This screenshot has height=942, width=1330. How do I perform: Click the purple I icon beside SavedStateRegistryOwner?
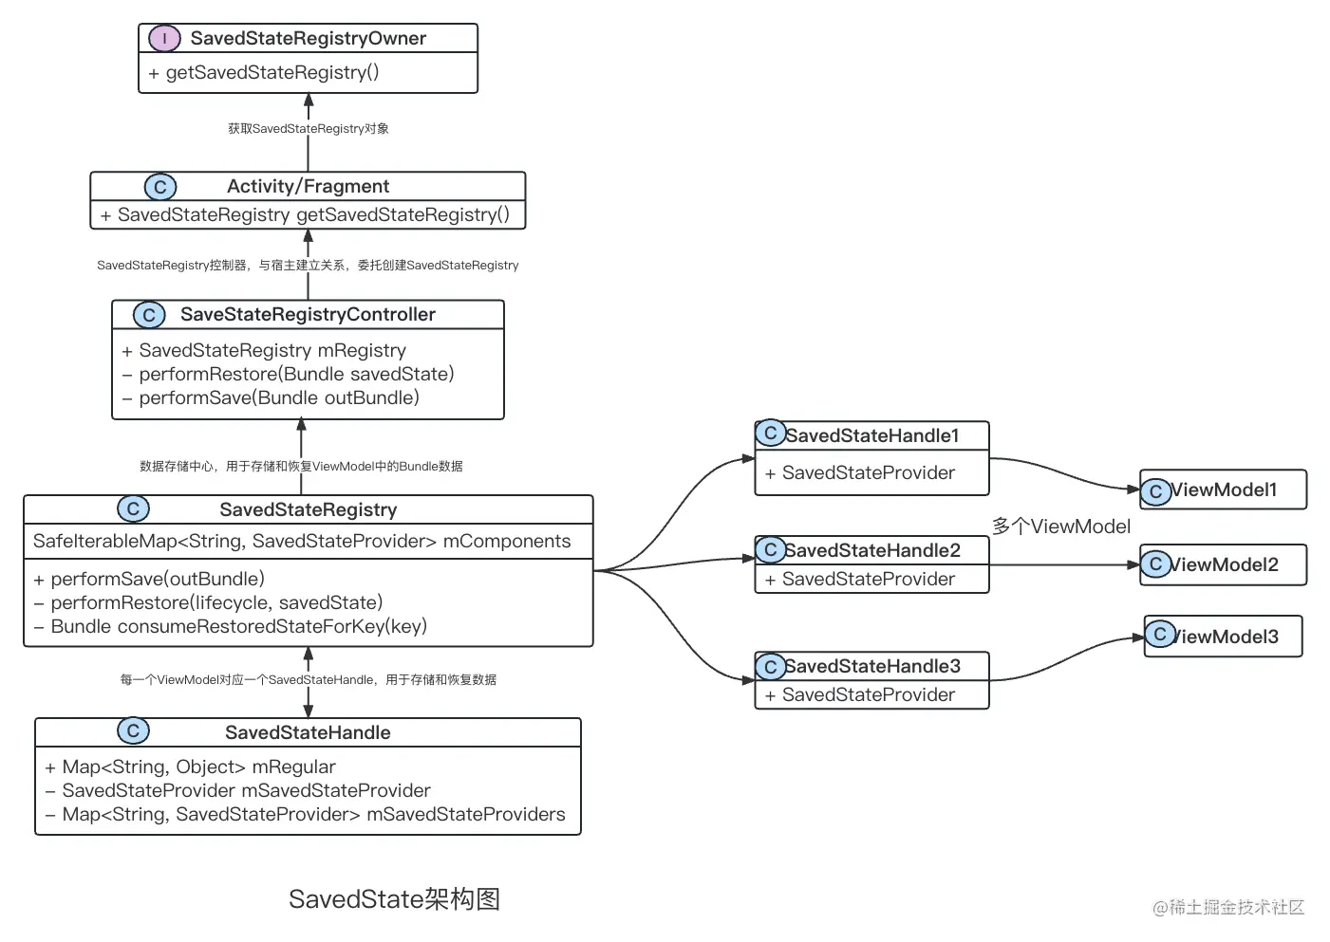click(164, 38)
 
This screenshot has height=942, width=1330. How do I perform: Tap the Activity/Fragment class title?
click(308, 186)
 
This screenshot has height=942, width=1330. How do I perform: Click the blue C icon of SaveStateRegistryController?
click(149, 315)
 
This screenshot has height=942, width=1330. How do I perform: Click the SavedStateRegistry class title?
click(308, 509)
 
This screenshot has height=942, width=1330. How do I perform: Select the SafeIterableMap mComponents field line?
click(302, 541)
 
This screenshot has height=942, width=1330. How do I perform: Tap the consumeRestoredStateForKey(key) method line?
click(238, 626)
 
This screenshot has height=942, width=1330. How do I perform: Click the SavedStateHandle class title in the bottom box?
click(308, 732)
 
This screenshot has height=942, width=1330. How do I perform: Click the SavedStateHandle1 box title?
click(871, 435)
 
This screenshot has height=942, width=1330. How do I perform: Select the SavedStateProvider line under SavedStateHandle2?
click(868, 579)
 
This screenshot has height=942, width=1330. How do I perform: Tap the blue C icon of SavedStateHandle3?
click(771, 667)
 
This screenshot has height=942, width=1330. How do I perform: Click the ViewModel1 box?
click(1223, 489)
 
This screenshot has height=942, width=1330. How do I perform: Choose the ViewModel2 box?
click(1223, 564)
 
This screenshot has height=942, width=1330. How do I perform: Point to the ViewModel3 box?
click(1223, 637)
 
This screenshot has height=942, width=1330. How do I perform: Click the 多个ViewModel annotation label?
click(1060, 526)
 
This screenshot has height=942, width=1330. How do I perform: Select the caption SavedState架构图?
click(394, 899)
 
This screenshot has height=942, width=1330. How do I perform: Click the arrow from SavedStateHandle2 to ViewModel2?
click(1063, 565)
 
